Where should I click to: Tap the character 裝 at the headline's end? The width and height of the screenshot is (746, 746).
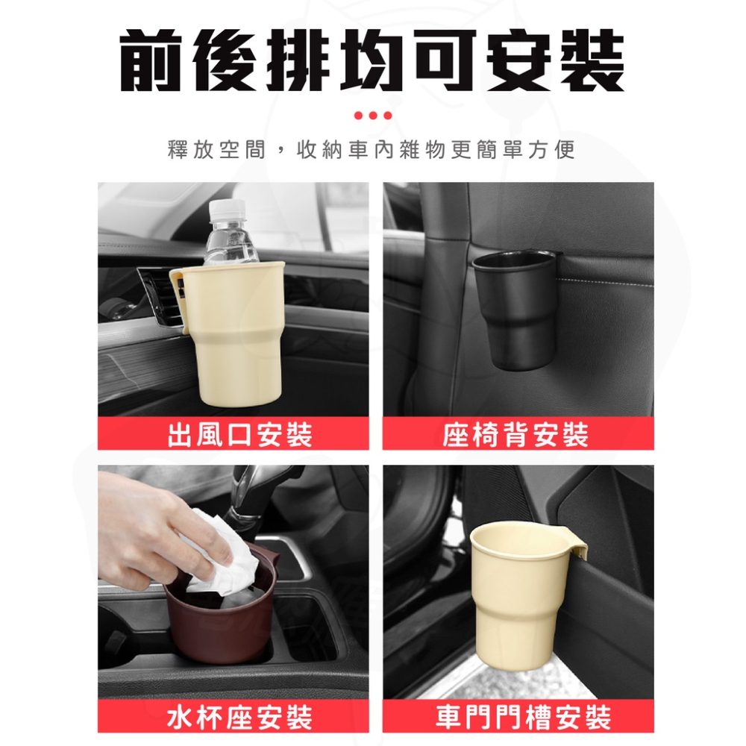[589, 62]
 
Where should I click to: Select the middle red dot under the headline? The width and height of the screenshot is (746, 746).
[373, 116]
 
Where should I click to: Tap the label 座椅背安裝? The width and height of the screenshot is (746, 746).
[516, 434]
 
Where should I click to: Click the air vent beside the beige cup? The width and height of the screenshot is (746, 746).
[157, 298]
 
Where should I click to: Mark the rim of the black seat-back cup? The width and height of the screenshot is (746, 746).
[513, 258]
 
